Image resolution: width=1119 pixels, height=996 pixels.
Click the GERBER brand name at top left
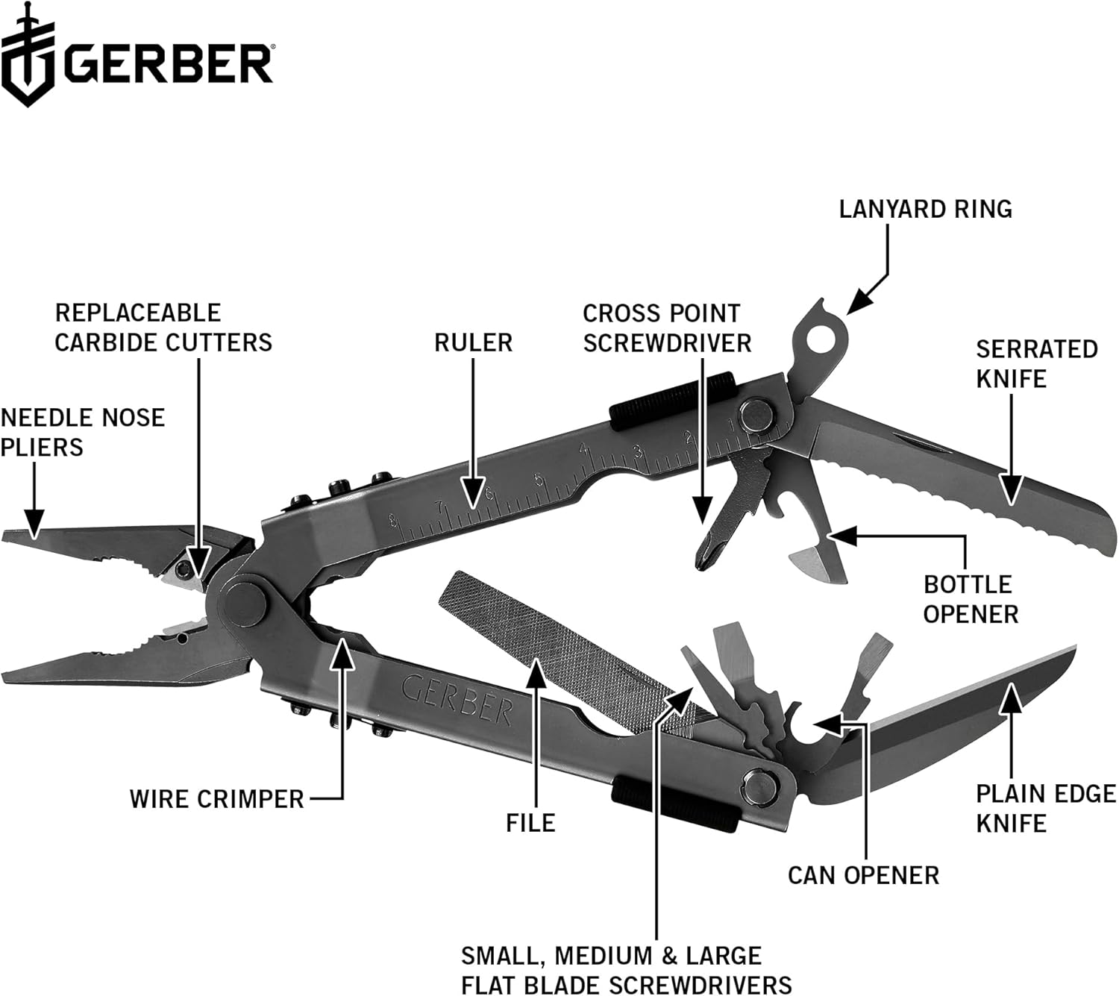[168, 65]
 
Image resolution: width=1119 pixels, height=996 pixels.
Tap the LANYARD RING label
[925, 209]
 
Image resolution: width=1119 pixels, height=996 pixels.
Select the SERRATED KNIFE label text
[1036, 363]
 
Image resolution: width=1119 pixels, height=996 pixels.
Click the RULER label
[473, 342]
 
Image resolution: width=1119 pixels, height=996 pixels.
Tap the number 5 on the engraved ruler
[539, 480]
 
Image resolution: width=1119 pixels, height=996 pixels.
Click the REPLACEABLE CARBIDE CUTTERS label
[163, 328]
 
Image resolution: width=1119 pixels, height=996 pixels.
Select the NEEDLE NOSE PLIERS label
[82, 432]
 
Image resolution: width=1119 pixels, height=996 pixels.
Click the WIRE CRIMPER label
[216, 799]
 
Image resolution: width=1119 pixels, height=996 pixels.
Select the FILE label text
[530, 823]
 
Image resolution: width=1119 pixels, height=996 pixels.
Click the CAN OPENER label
[863, 875]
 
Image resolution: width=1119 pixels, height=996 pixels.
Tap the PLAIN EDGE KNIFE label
[1045, 808]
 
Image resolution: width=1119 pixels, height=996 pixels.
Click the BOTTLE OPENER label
[970, 599]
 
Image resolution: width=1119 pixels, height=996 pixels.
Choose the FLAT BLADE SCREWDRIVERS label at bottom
[625, 970]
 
